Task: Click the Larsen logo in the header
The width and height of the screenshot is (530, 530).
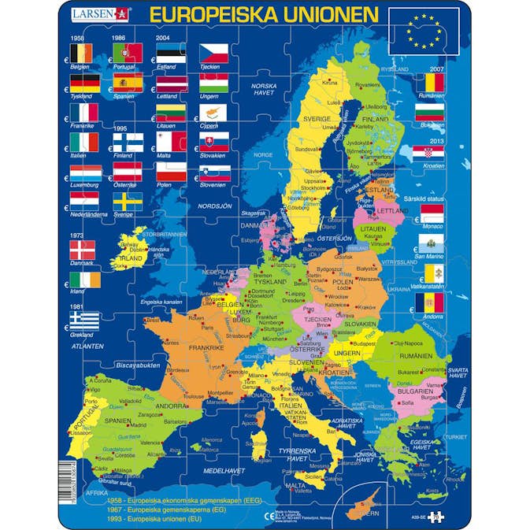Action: (x=101, y=13)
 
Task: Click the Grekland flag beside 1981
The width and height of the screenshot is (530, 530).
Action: (x=83, y=318)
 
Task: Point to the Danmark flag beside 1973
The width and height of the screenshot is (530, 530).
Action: (x=83, y=251)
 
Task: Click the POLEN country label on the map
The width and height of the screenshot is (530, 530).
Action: (x=343, y=281)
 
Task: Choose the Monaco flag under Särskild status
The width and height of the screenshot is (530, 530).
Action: (x=430, y=213)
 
